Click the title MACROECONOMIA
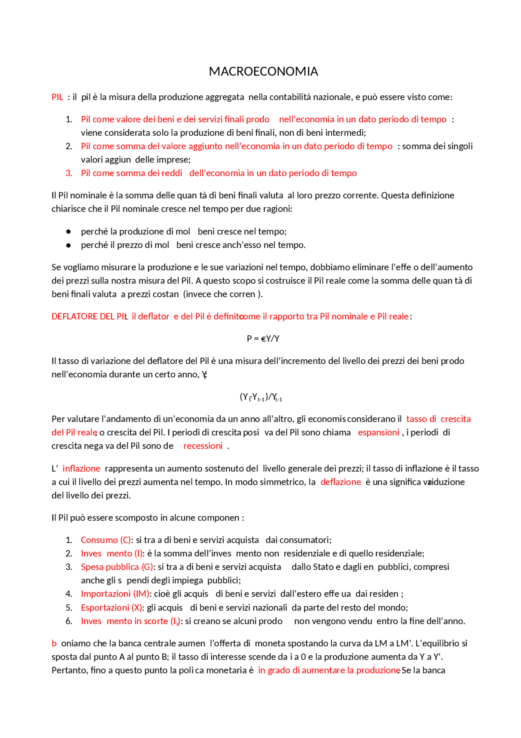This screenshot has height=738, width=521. pos(263,72)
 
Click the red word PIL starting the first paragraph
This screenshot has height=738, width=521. pos(57,97)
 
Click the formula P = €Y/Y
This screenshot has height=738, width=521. pos(263,339)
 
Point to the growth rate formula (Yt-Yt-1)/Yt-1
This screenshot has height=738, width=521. pos(261,397)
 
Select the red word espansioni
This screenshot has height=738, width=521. pos(379,432)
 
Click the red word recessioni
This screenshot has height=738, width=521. pos(203,446)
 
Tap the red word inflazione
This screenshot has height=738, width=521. pos(81,468)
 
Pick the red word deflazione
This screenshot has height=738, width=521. pos(341,482)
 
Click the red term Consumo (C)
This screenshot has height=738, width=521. pos(106,540)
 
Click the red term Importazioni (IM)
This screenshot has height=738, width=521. pos(115,594)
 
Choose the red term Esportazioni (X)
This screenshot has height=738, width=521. pos(112,608)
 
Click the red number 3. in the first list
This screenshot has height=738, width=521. pos(69,173)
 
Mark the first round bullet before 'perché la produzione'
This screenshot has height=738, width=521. pos(68,232)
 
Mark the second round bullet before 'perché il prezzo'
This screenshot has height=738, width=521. pos(68,245)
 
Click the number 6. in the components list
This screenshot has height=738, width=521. pos(69,621)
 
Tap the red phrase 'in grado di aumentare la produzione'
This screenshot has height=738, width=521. pos(329,670)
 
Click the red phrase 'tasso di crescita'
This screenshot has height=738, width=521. pos(438,419)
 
